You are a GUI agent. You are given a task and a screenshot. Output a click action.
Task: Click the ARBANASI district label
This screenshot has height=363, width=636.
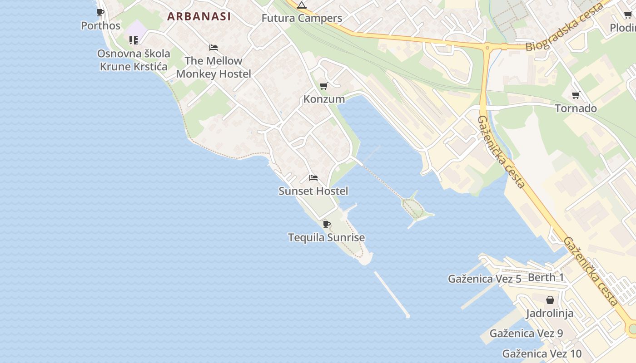[x=199, y=17]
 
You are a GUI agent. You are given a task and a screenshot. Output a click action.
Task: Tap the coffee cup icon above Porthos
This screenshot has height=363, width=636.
[x=100, y=12]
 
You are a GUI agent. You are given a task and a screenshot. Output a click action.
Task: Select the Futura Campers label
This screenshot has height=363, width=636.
[x=302, y=19]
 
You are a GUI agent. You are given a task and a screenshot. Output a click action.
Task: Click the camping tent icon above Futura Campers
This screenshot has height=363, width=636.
[x=302, y=5]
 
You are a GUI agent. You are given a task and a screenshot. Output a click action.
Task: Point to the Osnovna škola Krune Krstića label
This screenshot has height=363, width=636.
[x=134, y=60]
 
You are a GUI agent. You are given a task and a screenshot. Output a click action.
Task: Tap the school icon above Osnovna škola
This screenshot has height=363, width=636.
[x=133, y=40]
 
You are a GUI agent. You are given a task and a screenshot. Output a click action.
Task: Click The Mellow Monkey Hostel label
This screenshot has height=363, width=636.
[x=214, y=67]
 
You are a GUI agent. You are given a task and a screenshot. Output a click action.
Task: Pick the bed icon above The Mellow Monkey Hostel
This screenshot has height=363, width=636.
[x=214, y=47]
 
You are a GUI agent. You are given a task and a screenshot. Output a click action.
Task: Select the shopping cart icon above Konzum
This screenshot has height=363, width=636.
[x=324, y=86]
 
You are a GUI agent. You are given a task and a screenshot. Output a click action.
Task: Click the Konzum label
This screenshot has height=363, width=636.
[x=324, y=99]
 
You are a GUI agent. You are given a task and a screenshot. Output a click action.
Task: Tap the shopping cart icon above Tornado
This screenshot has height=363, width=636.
[x=576, y=95]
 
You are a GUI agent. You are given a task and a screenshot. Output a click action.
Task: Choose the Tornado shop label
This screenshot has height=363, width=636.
[x=576, y=108]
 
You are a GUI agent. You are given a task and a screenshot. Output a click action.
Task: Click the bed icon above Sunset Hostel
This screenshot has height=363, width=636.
[x=313, y=177]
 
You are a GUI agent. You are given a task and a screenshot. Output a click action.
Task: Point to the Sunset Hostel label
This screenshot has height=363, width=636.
[x=313, y=191]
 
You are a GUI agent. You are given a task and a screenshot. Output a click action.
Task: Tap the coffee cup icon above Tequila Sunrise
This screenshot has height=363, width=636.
[x=326, y=224]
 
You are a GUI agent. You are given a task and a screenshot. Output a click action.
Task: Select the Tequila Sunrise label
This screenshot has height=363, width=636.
[x=326, y=237]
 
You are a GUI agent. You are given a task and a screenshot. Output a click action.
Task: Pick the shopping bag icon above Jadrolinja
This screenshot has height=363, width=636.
[x=550, y=300]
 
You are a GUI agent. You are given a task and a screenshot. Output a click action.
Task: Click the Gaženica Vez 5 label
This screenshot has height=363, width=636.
[x=484, y=279]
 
